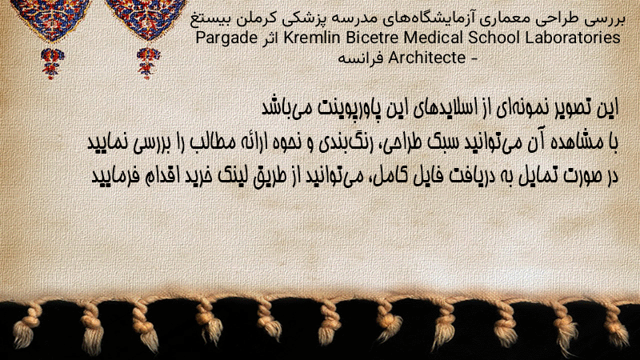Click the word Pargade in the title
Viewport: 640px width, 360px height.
tap(226, 38)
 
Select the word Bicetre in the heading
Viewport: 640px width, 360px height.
tap(372, 38)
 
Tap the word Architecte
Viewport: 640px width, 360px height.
tap(426, 58)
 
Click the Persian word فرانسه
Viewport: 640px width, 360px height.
tap(361, 58)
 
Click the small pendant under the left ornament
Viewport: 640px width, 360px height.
tap(52, 63)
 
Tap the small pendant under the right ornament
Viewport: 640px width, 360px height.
tap(148, 63)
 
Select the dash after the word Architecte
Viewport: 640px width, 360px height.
tap(474, 58)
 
